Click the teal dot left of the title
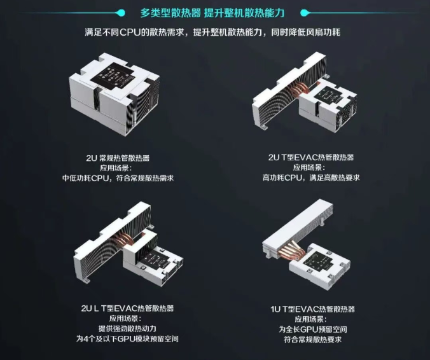click(x=121, y=13)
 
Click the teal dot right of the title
click(x=304, y=13)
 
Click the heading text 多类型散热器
click(x=170, y=13)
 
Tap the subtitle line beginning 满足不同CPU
click(x=212, y=32)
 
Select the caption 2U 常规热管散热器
click(x=118, y=158)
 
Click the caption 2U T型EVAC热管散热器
click(x=311, y=157)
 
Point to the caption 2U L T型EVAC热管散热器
click(x=127, y=308)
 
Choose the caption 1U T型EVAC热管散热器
click(x=312, y=309)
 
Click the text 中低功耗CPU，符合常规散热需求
click(x=118, y=178)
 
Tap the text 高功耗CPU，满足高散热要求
click(x=311, y=177)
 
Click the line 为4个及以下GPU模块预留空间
click(x=127, y=339)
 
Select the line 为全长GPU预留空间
click(x=312, y=329)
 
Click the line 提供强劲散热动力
click(x=127, y=328)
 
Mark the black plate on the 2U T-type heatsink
click(x=328, y=96)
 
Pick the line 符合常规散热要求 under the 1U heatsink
click(x=312, y=340)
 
